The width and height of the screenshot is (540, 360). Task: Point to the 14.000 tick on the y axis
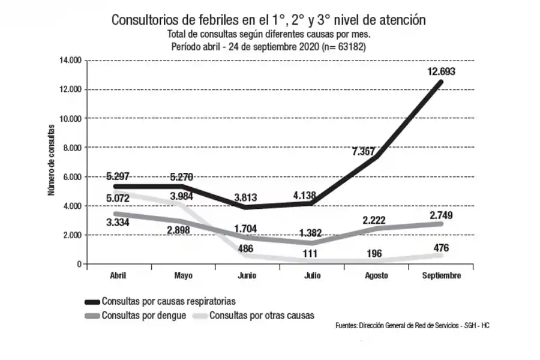click(70, 61)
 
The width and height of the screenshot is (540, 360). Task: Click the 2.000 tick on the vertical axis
click(72, 235)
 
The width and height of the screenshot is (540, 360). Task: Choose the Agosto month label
click(376, 275)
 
